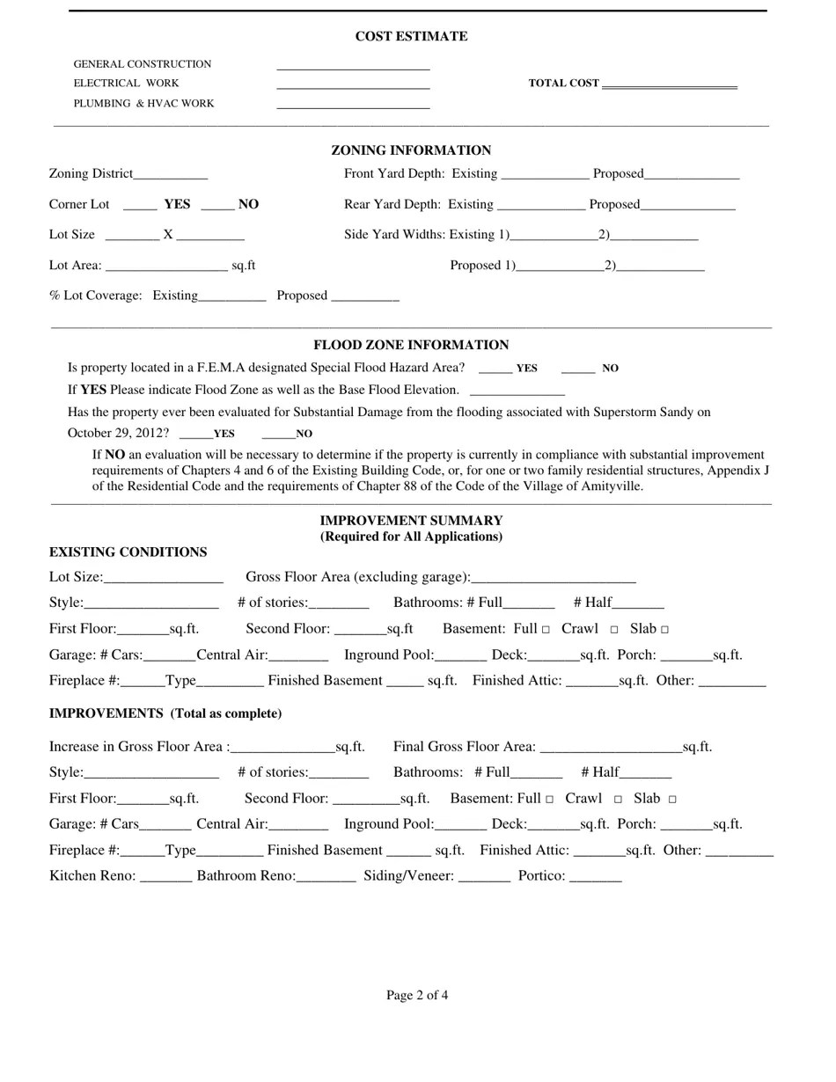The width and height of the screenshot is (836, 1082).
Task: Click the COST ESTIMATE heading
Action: [x=411, y=36]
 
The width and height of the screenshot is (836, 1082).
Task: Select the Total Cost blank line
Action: [x=669, y=84]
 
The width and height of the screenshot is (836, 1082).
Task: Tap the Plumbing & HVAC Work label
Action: [x=143, y=104]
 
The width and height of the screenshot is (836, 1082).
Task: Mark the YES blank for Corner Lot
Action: [x=140, y=205]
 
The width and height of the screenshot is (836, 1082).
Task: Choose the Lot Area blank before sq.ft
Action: [x=165, y=266]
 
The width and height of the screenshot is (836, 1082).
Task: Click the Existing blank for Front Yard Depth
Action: [x=545, y=174]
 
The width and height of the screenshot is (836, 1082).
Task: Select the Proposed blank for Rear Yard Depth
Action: [x=688, y=205]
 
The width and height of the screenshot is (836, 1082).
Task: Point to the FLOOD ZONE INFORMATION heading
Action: [x=411, y=345]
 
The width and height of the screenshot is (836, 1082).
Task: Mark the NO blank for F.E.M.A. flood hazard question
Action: [x=578, y=369]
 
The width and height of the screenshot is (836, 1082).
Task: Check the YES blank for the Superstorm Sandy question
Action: [x=195, y=434]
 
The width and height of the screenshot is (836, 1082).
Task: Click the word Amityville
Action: [x=612, y=486]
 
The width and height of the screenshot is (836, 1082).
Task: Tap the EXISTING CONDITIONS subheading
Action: [x=128, y=552]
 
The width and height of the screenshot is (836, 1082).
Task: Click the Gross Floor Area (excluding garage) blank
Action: [x=554, y=578]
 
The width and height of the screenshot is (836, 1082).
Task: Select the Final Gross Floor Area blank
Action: [x=611, y=748]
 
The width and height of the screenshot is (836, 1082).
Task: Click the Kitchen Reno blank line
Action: [x=165, y=877]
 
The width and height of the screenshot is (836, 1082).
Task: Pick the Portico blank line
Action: [x=596, y=877]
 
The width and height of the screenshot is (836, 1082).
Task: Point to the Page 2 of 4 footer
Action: [x=417, y=996]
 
